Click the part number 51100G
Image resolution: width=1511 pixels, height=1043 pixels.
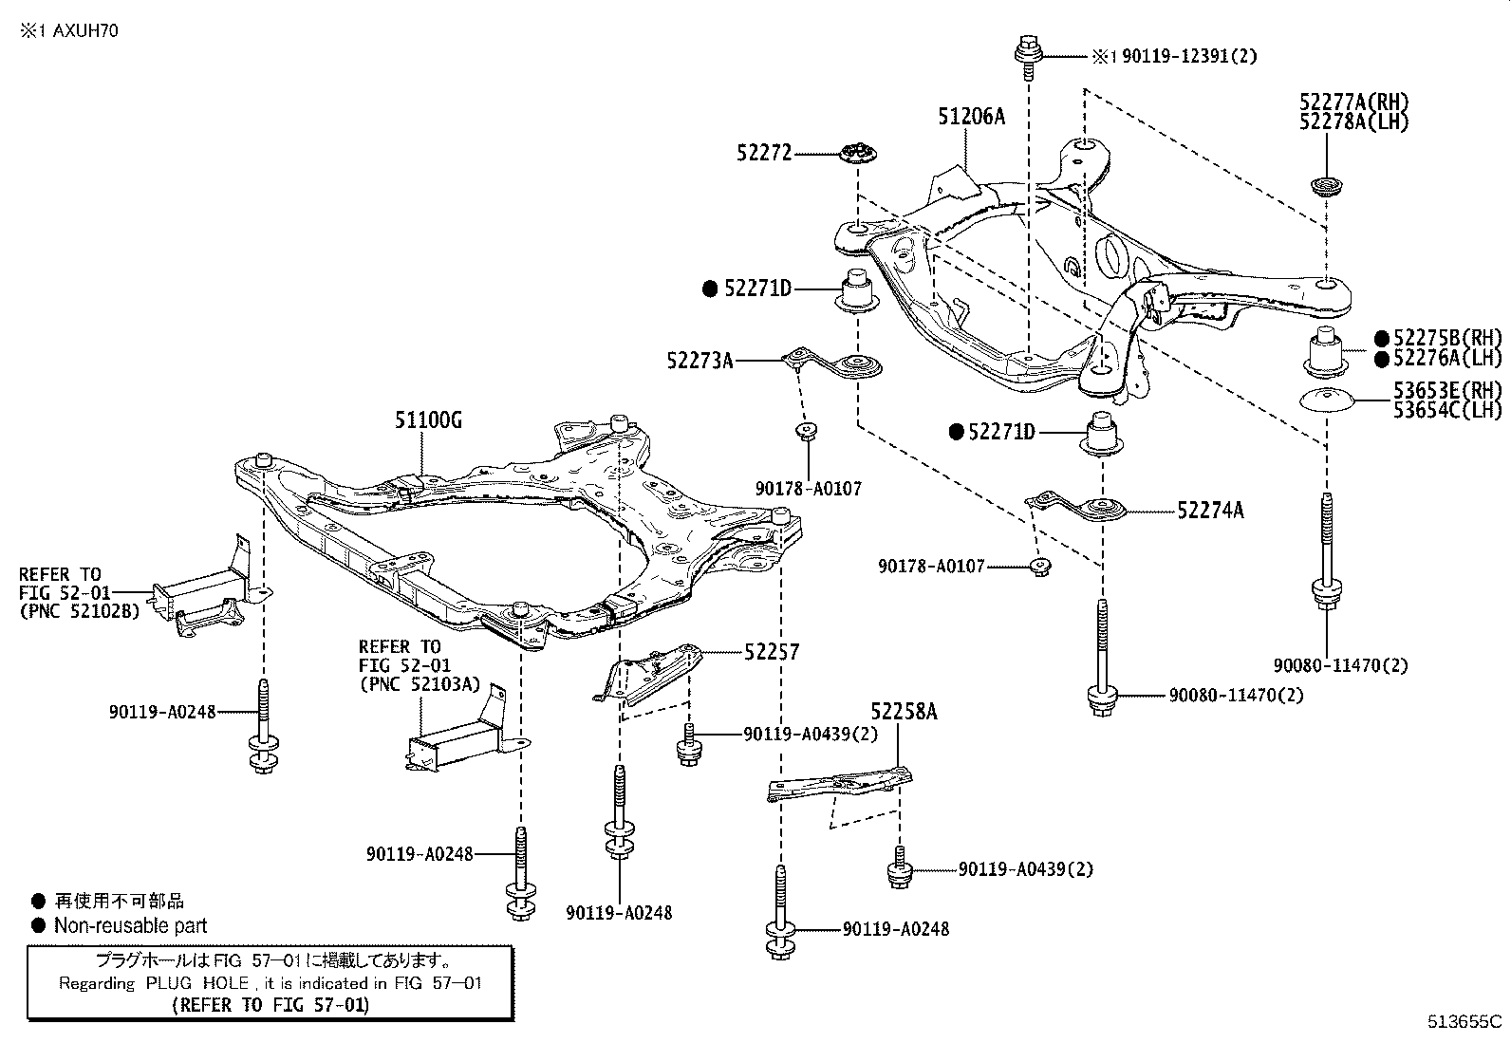(x=429, y=420)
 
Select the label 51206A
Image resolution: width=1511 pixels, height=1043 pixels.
(x=971, y=117)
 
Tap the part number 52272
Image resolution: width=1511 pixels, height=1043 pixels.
(x=763, y=152)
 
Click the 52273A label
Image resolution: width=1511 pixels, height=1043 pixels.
(x=700, y=360)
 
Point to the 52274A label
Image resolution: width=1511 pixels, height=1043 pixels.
(x=1210, y=511)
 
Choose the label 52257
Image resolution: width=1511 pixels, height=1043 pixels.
(x=772, y=652)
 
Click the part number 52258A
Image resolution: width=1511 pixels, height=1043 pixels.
(x=904, y=712)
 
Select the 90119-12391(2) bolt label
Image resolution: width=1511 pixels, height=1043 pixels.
(x=1188, y=56)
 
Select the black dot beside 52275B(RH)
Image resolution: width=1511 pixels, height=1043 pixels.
(x=1382, y=338)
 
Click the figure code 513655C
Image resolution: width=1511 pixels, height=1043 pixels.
(x=1464, y=1022)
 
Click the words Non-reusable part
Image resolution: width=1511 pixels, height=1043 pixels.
(x=130, y=925)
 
